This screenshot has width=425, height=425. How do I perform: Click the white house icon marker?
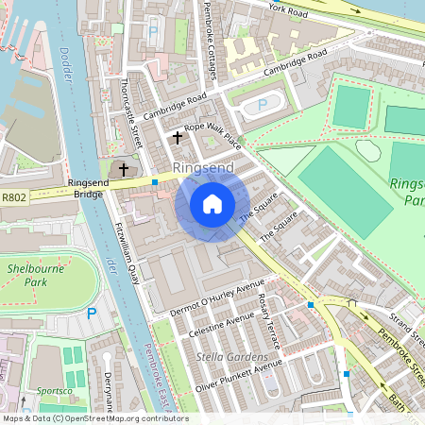[x=212, y=204]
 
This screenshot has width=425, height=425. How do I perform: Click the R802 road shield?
[x=14, y=197]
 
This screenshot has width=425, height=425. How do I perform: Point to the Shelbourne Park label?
[x=33, y=275]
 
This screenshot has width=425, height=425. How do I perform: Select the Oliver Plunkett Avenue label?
[x=239, y=376]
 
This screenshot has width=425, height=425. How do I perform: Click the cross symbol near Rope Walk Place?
[x=177, y=138]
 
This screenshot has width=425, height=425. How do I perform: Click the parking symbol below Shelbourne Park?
[x=92, y=313]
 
